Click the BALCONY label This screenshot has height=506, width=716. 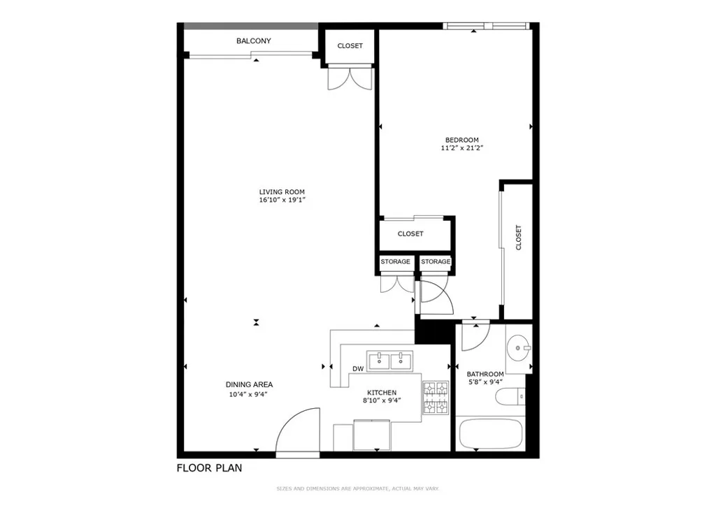[253, 41]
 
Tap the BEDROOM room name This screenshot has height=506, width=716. [461, 140]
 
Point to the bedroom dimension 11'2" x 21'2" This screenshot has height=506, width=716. [461, 148]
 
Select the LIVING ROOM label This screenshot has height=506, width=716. [282, 192]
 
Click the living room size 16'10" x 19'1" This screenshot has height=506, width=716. [282, 201]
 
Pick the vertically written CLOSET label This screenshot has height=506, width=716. [518, 238]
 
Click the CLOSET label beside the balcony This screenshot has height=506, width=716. [350, 46]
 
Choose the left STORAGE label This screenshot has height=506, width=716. [395, 262]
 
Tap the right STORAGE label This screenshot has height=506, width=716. [436, 262]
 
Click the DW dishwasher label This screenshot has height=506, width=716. [358, 369]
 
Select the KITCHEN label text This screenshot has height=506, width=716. [382, 393]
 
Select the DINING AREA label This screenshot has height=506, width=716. [249, 384]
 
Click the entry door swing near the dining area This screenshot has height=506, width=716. [297, 432]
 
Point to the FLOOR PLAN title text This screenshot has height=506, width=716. [209, 468]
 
